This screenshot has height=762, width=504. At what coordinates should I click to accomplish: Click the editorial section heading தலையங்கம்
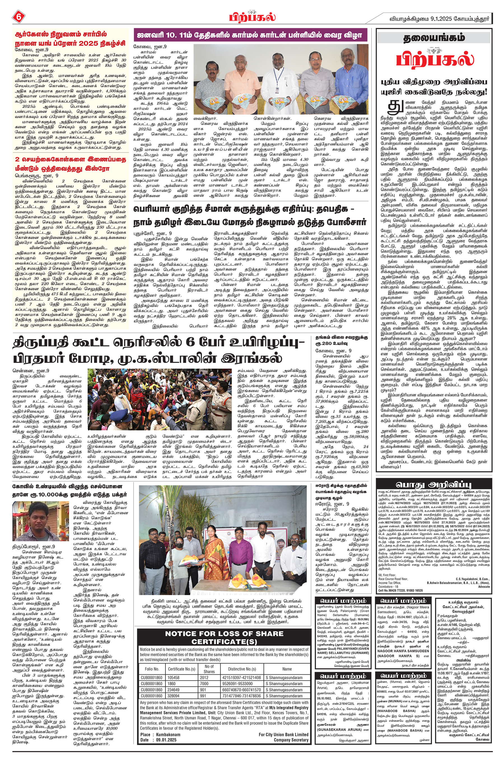tap(434, 38)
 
